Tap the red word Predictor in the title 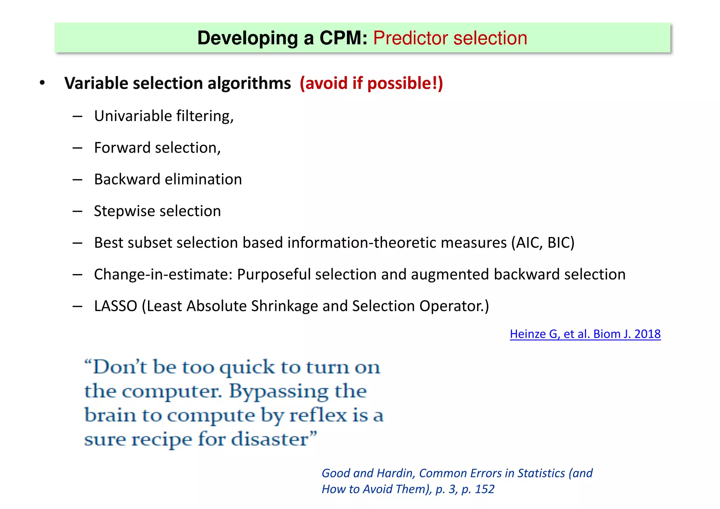[410, 38]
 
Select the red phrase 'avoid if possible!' [371, 83]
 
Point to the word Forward [122, 148]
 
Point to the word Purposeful [274, 274]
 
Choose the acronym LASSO [116, 306]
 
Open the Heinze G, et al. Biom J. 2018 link [585, 334]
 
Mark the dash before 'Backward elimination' [77, 180]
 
